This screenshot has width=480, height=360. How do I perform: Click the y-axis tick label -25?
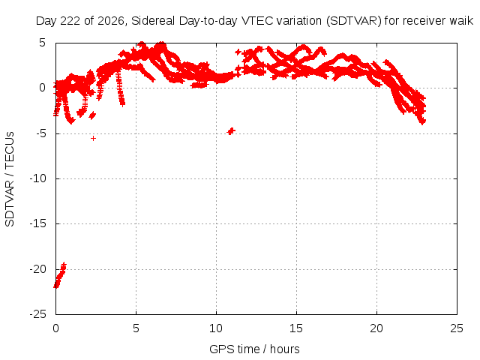[38, 314]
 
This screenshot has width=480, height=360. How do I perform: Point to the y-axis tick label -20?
[38, 269]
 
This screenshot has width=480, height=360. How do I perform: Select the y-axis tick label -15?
[38, 223]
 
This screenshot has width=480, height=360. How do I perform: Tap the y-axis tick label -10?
[38, 178]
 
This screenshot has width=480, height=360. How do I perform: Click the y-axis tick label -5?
[40, 133]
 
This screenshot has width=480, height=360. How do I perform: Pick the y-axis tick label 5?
[42, 43]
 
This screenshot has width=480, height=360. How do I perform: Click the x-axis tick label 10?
[216, 328]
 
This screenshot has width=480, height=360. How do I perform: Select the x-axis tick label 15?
[296, 328]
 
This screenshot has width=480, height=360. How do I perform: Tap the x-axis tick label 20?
[376, 328]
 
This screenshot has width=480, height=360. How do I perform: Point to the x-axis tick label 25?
[457, 328]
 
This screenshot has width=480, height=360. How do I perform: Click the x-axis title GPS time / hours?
[254, 349]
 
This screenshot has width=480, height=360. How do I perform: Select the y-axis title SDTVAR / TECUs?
[10, 179]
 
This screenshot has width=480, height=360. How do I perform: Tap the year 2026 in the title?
[111, 21]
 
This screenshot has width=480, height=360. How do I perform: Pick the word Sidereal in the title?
[153, 21]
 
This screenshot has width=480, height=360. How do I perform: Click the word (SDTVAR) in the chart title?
[353, 21]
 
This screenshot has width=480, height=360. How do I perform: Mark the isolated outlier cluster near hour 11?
[231, 131]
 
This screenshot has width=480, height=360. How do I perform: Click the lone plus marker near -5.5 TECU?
[93, 138]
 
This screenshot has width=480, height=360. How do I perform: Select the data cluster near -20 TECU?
[60, 275]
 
